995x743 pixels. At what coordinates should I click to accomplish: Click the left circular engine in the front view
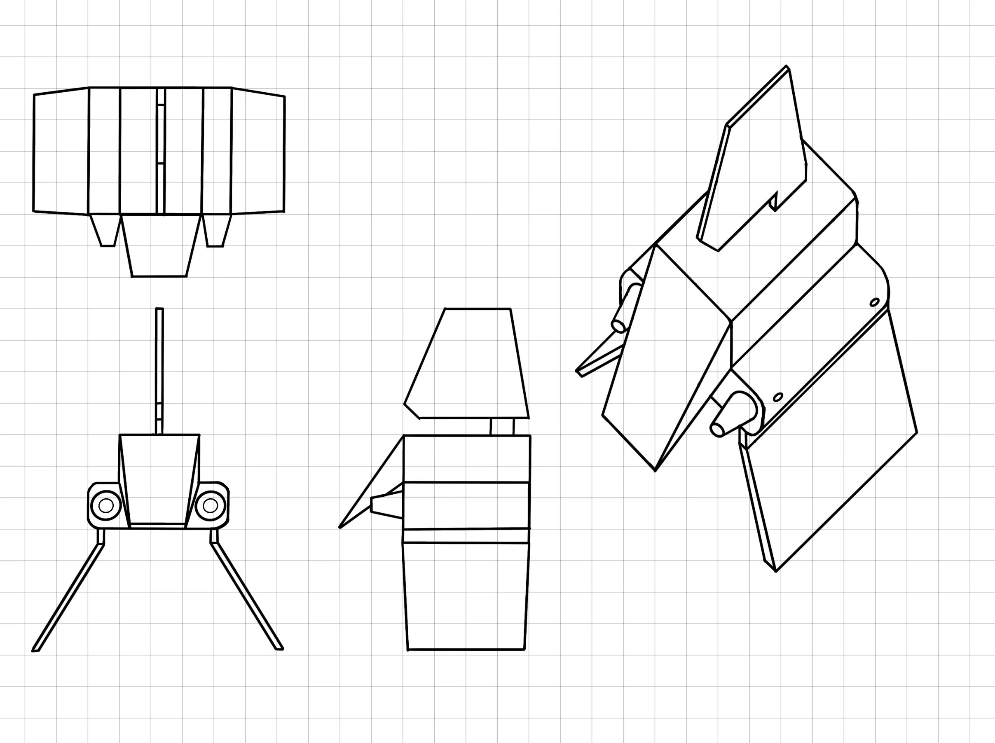[x=106, y=505]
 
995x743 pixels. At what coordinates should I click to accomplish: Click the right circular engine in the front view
[x=210, y=505]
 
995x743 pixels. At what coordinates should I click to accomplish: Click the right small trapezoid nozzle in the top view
[x=215, y=230]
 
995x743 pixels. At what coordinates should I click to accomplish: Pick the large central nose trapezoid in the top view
[x=160, y=245]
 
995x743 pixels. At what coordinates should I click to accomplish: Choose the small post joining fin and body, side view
[x=502, y=426]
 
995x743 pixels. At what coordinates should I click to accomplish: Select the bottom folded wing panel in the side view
[x=466, y=596]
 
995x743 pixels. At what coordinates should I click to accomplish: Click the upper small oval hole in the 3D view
[x=875, y=302]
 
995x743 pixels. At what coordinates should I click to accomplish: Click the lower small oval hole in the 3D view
[x=778, y=397]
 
